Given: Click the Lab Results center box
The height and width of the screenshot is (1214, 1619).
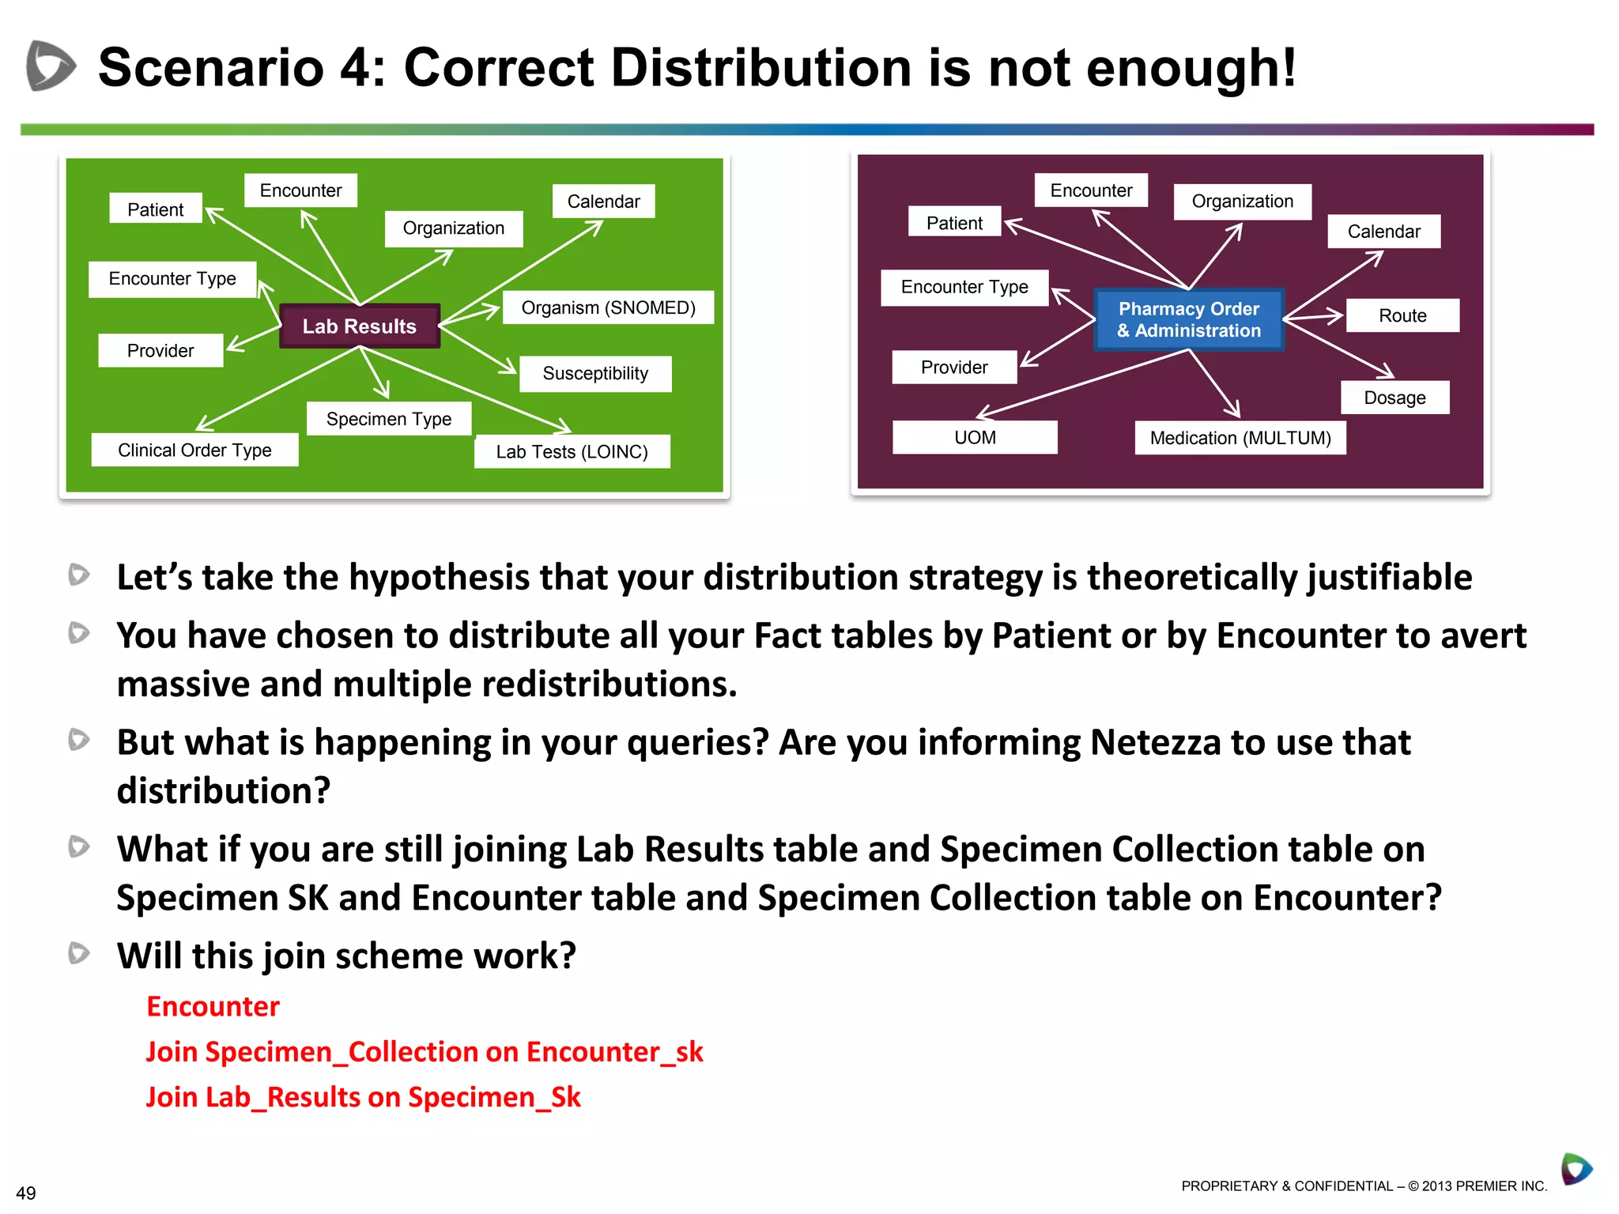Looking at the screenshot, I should (360, 326).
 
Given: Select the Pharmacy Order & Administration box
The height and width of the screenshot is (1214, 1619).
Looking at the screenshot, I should (1189, 319).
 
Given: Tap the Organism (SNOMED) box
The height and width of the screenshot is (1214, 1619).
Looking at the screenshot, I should (608, 307).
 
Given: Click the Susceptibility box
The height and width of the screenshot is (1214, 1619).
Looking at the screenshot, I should (595, 373).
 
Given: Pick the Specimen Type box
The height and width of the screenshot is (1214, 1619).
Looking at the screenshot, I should (389, 419).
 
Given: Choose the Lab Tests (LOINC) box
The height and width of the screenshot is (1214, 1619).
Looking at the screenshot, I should (572, 451).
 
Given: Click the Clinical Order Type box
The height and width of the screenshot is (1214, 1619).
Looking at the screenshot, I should (194, 450).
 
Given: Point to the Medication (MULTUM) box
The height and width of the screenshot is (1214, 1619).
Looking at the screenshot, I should (1240, 438).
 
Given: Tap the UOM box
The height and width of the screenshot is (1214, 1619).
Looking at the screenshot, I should (975, 437).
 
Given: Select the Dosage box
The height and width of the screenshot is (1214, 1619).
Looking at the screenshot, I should (1394, 398).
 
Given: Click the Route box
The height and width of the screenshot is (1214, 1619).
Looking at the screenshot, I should (1402, 315).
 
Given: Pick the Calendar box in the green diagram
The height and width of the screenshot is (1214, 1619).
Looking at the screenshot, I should (603, 202).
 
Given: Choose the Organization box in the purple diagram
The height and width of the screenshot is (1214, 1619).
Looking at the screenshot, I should (1242, 202).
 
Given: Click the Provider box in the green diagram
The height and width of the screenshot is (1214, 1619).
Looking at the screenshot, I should (160, 350).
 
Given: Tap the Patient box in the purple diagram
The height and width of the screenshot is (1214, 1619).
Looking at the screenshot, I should (954, 223).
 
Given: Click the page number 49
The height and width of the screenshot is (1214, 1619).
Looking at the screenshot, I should (26, 1193).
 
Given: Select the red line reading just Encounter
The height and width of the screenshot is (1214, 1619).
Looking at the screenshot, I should (213, 1006).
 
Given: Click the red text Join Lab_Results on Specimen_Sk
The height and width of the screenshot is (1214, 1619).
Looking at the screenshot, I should (363, 1097).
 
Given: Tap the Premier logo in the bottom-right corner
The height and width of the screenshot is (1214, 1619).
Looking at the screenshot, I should (1576, 1169).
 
